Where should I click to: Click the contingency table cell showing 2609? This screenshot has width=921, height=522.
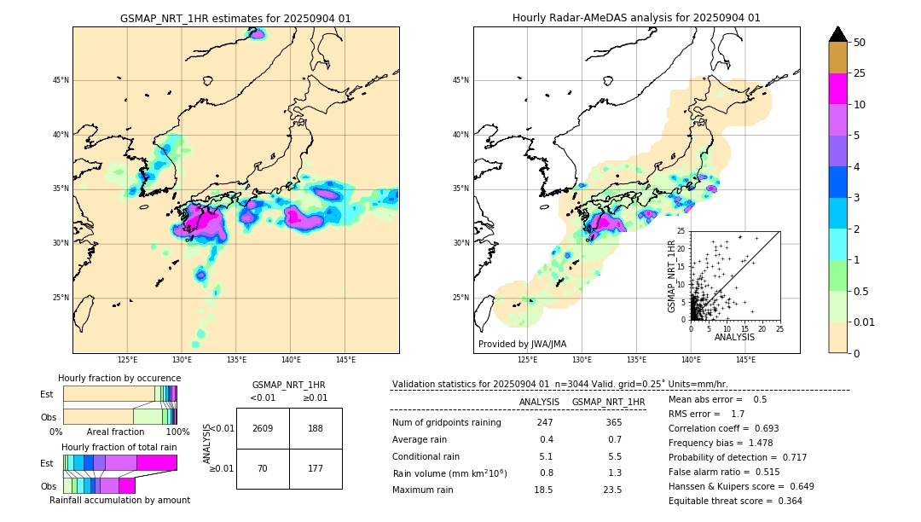[x=263, y=428]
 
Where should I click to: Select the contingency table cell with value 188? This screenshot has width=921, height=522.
[x=316, y=428]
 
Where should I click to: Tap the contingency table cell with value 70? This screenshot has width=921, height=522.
[x=263, y=467]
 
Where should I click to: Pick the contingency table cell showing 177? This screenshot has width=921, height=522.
[x=316, y=467]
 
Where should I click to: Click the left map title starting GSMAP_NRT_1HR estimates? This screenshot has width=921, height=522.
[x=235, y=18]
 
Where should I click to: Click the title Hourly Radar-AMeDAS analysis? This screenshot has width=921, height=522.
[x=636, y=18]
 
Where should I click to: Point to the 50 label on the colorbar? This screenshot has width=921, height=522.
[x=860, y=43]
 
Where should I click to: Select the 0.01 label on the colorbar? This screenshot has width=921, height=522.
[x=865, y=322]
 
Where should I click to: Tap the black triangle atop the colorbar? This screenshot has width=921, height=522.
[x=838, y=34]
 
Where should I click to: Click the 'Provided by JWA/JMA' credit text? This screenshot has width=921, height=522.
[x=522, y=344]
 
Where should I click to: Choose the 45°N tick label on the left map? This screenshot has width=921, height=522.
[x=61, y=80]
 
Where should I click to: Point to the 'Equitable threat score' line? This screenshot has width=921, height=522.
[x=735, y=501]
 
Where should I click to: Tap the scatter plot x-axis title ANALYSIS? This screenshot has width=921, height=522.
[x=734, y=337]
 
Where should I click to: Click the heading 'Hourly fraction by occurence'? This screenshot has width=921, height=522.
[x=119, y=378]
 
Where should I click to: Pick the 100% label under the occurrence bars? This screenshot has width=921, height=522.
[x=177, y=432]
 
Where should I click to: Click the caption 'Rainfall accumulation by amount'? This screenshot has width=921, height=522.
[x=119, y=500]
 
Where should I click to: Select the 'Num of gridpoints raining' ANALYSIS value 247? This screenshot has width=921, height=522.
[x=545, y=423]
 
